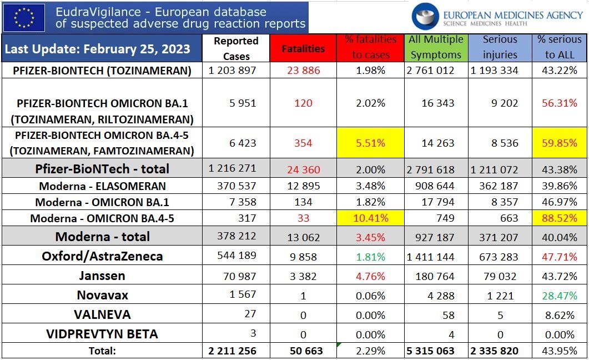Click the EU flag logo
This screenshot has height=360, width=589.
tap(23, 17)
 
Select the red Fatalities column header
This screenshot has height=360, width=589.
tap(303, 48)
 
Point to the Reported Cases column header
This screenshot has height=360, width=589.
tap(236, 48)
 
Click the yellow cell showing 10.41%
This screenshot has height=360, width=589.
tap(370, 218)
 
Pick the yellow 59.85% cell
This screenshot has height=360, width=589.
tap(559, 143)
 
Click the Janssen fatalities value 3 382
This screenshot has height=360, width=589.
tap(303, 276)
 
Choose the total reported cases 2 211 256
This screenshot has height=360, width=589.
tap(233, 351)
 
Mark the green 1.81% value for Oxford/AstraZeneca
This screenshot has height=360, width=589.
tap(370, 256)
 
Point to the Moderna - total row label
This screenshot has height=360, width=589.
tap(102, 237)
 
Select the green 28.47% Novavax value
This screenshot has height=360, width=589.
tap(559, 295)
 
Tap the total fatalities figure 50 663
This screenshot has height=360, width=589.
tap(303, 351)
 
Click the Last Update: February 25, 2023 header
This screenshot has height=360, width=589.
tap(97, 49)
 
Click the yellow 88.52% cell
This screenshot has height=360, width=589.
tap(559, 218)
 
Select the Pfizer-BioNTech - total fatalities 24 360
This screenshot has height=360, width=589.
tap(303, 169)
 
